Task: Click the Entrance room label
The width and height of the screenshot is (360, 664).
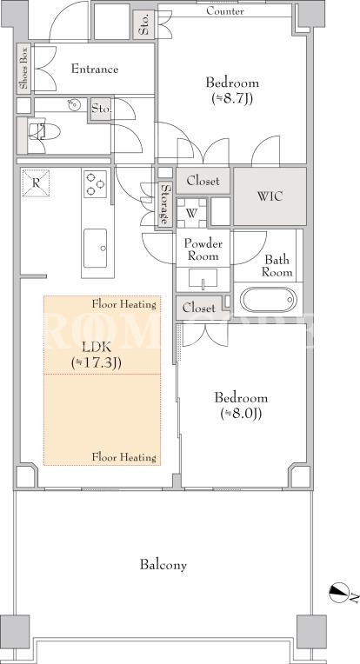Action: (95, 69)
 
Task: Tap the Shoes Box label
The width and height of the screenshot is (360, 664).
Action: (23, 69)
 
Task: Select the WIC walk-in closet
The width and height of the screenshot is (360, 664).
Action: (270, 196)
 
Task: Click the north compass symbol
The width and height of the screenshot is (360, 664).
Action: (339, 593)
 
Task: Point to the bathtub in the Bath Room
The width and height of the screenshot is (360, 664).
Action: (269, 300)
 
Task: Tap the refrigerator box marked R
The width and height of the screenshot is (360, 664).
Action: (36, 183)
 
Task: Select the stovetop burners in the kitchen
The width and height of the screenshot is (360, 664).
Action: (95, 184)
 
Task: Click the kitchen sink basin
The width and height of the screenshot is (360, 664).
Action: (96, 249)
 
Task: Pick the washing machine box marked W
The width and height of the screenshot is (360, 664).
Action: (191, 213)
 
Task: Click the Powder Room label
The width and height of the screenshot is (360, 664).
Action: (203, 249)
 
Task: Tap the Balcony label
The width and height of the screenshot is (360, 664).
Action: (163, 565)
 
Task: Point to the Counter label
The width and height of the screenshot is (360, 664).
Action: (225, 11)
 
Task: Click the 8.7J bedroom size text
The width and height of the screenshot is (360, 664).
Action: (231, 99)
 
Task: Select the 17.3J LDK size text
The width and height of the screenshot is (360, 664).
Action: (97, 364)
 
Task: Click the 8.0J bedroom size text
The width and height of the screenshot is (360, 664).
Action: (241, 414)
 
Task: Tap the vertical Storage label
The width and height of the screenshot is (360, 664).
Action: (165, 204)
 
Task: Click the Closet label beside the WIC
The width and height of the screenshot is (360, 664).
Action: (203, 181)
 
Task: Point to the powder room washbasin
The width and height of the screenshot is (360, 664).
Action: (203, 278)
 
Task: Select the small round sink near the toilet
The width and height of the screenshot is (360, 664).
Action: (72, 104)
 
